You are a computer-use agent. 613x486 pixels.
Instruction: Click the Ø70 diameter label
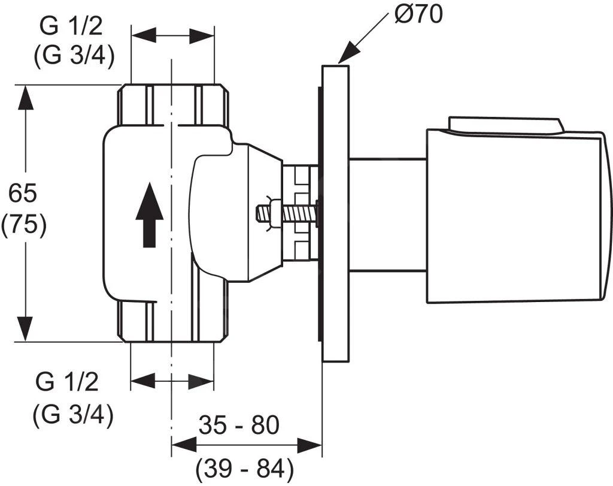point(418,15)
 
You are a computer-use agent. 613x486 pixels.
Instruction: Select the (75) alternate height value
point(24,226)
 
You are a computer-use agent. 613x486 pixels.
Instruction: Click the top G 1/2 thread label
point(71,27)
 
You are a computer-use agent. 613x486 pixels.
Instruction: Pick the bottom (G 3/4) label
point(73,415)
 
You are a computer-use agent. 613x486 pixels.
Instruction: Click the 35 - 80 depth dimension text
point(239,425)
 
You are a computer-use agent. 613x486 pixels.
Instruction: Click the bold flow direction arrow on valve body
point(149,215)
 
